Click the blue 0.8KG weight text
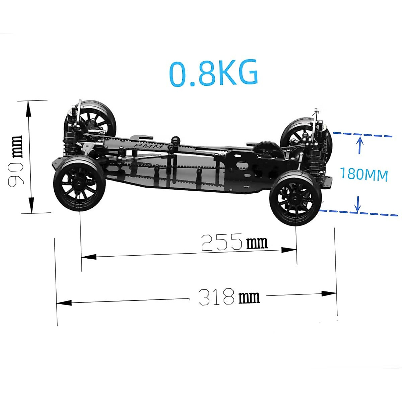click(214, 73)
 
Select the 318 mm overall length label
click(229, 296)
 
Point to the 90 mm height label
click(16, 160)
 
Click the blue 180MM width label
click(364, 174)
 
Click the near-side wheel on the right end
click(295, 198)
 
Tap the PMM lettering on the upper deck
click(147, 146)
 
